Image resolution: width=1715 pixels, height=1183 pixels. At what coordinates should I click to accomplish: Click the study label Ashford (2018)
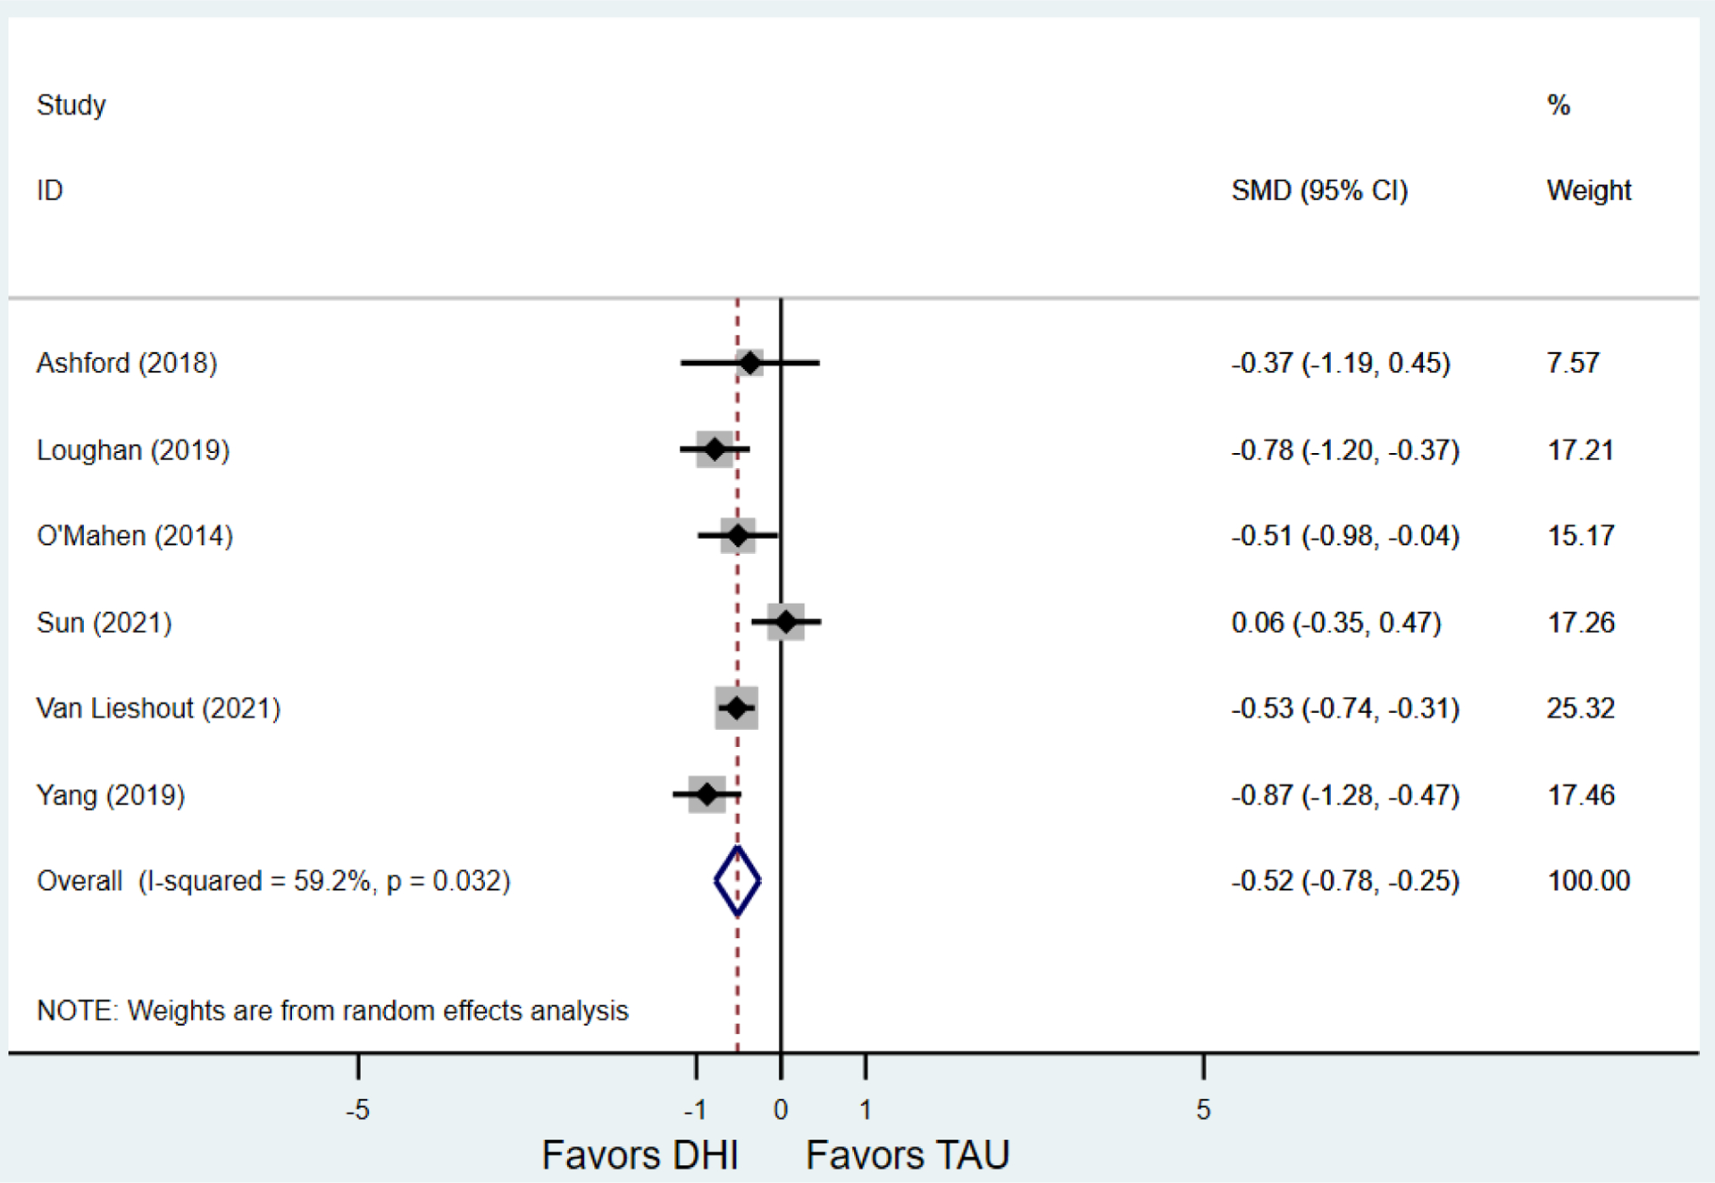pos(127,363)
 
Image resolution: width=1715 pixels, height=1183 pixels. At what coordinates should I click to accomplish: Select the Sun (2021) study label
pos(104,622)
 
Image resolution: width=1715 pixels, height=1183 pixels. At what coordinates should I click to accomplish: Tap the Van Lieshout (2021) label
pos(158,709)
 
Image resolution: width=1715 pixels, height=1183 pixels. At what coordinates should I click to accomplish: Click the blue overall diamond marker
pos(737,881)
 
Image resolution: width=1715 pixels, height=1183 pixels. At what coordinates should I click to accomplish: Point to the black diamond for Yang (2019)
pos(707,793)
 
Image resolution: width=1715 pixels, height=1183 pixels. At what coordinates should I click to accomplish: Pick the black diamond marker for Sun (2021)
pos(786,621)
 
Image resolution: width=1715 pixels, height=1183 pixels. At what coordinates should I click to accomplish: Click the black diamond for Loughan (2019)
pos(715,449)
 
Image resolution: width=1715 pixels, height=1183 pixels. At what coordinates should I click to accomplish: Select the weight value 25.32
pos(1580,709)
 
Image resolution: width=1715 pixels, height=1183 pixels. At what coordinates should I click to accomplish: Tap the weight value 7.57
pos(1573,363)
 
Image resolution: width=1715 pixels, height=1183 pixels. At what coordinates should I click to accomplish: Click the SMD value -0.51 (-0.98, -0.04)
pos(1345,536)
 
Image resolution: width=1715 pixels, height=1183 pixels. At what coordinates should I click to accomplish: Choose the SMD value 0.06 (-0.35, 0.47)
pos(1336,622)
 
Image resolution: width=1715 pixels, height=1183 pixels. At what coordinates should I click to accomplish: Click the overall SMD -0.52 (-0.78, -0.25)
pos(1345,881)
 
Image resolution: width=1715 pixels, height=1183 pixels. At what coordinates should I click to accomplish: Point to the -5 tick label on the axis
pos(357,1110)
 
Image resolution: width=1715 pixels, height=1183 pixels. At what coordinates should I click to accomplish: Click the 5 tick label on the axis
pos(1203,1110)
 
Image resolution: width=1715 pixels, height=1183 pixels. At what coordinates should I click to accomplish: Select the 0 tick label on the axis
pos(781,1110)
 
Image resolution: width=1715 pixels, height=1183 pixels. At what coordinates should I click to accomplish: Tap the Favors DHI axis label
pos(640,1155)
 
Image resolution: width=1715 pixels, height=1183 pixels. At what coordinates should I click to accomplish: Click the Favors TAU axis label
pos(908,1155)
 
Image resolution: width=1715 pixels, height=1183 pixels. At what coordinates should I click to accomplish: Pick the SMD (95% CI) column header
pos(1319,190)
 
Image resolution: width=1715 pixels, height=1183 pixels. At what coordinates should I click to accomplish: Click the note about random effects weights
pos(332,1011)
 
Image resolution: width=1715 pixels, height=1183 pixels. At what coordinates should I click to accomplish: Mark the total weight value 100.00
pos(1588,881)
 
